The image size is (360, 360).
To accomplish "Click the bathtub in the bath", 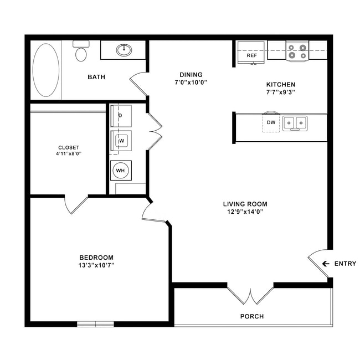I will [45, 70].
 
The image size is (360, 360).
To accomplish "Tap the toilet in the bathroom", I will [81, 54].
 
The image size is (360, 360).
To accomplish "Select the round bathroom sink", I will [124, 50].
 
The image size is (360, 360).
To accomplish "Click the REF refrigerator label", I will [251, 56].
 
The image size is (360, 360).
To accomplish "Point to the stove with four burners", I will [297, 52].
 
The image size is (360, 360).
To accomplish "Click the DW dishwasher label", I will [271, 122].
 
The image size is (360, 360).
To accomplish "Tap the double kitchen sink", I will [295, 123].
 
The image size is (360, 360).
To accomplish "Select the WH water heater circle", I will [120, 171].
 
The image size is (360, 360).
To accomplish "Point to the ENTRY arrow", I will [326, 264].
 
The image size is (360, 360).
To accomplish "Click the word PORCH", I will [251, 317].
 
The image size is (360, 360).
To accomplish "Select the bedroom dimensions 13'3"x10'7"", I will [96, 265].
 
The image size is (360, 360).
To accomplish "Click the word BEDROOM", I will [96, 258].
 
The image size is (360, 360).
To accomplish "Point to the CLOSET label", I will [69, 147].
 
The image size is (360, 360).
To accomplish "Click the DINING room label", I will [191, 75].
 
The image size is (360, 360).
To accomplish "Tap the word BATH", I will [96, 77].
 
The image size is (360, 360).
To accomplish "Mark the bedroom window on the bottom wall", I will [95, 324].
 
